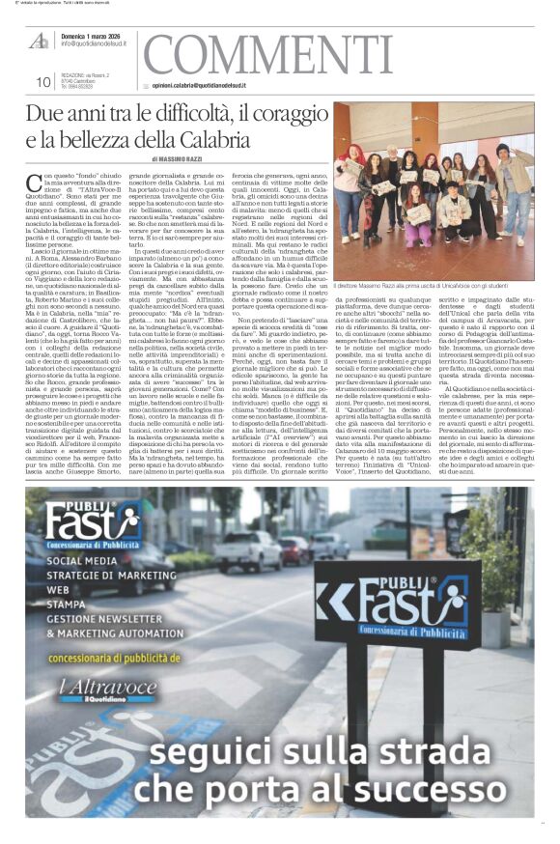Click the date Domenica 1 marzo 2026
tap(94, 35)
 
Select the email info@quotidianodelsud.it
tap(97, 43)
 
